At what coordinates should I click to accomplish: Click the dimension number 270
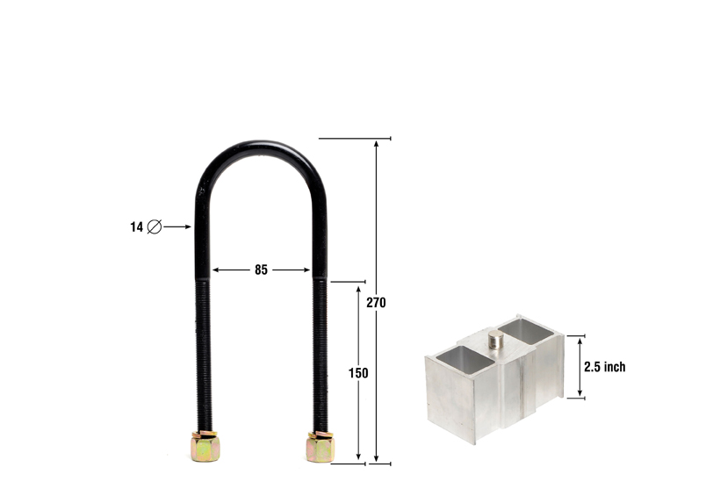tap(377, 303)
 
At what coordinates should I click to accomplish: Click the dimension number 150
tap(358, 373)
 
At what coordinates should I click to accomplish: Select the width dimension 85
tap(261, 270)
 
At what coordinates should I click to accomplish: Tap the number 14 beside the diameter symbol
tap(136, 226)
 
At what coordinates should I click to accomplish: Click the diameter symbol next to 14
tap(155, 226)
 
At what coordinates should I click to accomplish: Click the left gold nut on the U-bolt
tap(204, 447)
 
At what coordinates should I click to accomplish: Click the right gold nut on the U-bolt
tap(320, 447)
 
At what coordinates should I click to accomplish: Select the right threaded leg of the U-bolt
tap(321, 351)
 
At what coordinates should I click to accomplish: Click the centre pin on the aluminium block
tap(496, 340)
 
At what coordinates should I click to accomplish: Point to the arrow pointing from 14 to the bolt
tap(177, 226)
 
